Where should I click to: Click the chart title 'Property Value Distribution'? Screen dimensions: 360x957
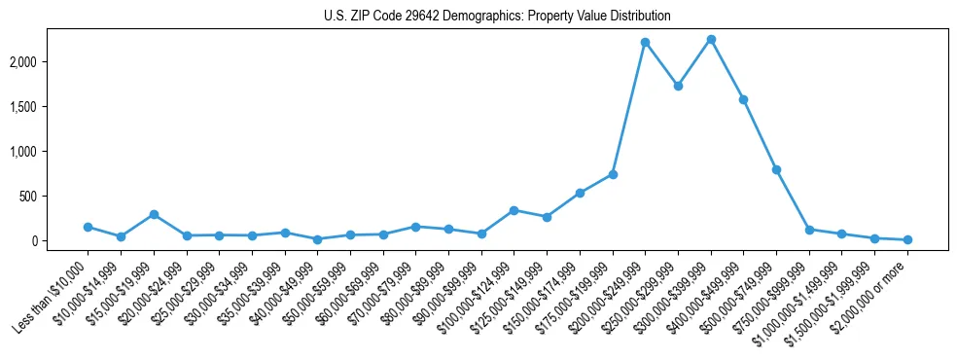click(x=497, y=17)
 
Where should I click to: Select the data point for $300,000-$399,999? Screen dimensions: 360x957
click(x=711, y=40)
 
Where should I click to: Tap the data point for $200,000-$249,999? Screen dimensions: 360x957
click(x=645, y=43)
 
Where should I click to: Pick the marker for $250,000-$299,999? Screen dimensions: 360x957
click(x=678, y=86)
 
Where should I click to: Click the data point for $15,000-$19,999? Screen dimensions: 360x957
click(x=154, y=214)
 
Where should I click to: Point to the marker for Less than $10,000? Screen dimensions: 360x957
click(x=88, y=227)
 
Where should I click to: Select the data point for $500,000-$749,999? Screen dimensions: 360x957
click(x=776, y=169)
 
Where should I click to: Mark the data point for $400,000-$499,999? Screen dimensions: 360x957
click(x=743, y=99)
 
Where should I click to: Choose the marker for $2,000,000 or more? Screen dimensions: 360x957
click(x=907, y=239)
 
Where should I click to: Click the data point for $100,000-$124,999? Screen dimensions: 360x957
click(x=514, y=210)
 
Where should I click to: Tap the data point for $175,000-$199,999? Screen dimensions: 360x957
click(x=613, y=174)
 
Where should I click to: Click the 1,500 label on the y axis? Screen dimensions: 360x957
click(x=51, y=106)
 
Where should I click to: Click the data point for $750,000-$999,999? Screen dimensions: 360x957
click(x=809, y=230)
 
